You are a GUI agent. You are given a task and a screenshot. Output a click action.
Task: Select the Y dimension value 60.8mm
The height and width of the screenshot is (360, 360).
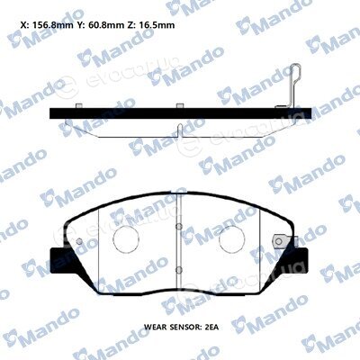coord(106,24)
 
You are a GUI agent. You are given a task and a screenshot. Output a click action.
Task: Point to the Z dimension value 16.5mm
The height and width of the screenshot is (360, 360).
coord(157,24)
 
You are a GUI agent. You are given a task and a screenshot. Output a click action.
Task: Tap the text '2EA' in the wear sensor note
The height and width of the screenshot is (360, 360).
coord(211,327)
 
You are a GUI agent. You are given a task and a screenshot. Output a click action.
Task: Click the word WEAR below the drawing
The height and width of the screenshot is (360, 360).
coord(153,327)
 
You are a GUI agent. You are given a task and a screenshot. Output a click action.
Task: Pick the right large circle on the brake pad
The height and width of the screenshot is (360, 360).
coord(232,238)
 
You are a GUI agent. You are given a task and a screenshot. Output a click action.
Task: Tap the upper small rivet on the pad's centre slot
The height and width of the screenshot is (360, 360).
coord(179,227)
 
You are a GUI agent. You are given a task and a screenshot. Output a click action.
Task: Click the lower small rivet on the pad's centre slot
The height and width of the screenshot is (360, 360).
coord(179,270)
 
